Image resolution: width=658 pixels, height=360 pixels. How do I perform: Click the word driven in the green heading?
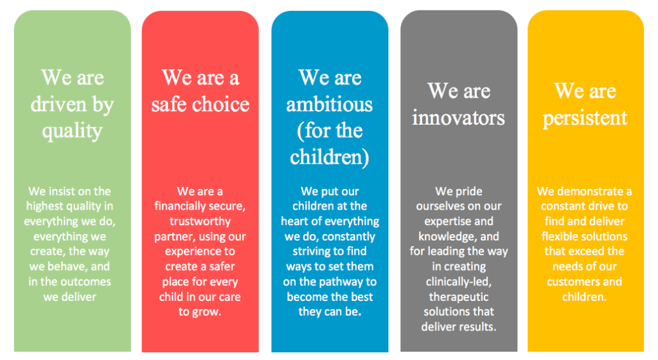pyautogui.click(x=58, y=104)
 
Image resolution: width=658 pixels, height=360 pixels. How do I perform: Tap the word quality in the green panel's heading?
pyautogui.click(x=72, y=132)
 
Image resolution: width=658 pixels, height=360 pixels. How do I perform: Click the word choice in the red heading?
pyautogui.click(x=221, y=104)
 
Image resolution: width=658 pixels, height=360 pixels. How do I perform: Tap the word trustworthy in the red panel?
pyautogui.click(x=200, y=222)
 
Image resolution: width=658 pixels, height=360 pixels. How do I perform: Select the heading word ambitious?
pyautogui.click(x=330, y=104)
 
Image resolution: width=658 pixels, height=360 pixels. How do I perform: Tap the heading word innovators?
pyautogui.click(x=458, y=118)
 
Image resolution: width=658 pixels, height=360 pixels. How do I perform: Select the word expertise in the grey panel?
pyautogui.click(x=448, y=222)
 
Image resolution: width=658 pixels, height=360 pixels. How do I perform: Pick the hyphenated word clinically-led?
pyautogui.click(x=459, y=282)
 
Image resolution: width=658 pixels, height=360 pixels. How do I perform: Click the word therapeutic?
pyautogui.click(x=459, y=297)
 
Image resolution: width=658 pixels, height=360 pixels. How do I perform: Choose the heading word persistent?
pyautogui.click(x=585, y=118)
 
